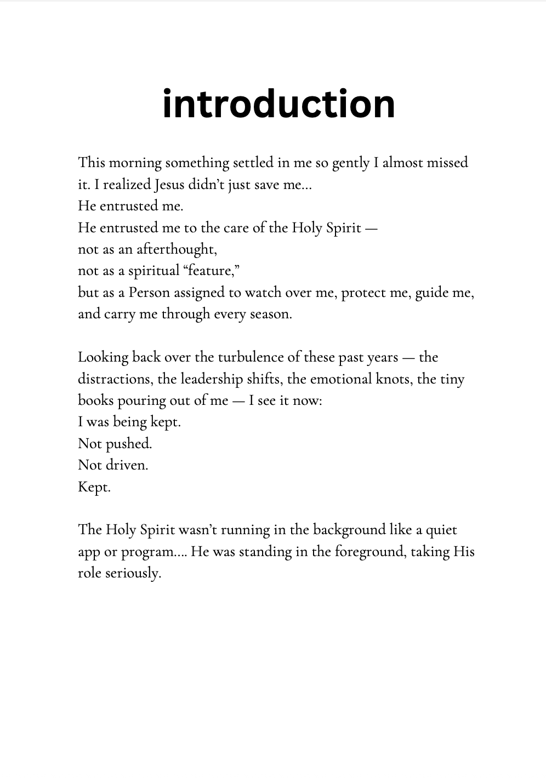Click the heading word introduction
(x=278, y=104)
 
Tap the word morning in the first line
(x=135, y=163)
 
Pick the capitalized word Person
(x=149, y=293)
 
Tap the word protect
(x=362, y=293)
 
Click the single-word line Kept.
(x=94, y=487)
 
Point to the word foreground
(x=370, y=552)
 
